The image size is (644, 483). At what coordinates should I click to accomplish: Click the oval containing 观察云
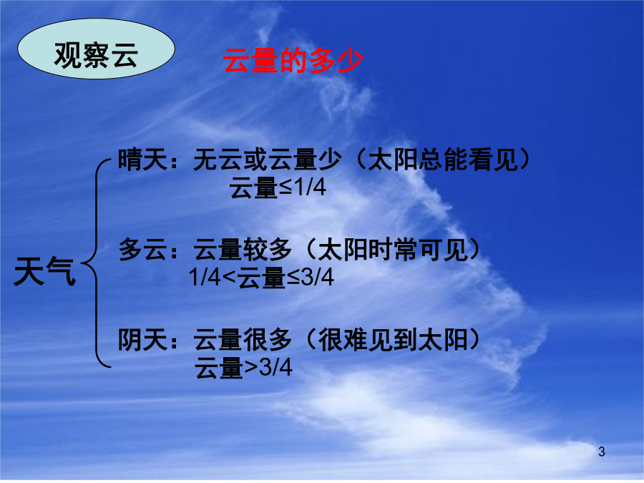[96, 49]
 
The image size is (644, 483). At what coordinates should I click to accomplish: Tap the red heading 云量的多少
[293, 60]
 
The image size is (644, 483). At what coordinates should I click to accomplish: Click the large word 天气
[45, 271]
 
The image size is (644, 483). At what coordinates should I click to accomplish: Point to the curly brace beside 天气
[95, 263]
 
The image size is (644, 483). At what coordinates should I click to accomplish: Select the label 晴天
[142, 160]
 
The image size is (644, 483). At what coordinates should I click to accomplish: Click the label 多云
[142, 249]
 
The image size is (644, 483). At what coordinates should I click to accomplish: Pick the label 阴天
[142, 340]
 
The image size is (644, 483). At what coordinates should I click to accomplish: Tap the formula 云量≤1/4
[278, 187]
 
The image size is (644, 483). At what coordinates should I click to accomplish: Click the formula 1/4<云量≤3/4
[261, 277]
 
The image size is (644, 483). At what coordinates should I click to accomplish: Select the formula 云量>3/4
[243, 367]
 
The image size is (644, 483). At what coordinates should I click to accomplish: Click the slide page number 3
[601, 452]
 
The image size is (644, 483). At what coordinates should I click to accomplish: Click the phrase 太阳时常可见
[393, 249]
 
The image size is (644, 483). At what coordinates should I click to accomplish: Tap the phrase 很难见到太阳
[393, 340]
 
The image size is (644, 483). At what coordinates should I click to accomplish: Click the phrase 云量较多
[243, 249]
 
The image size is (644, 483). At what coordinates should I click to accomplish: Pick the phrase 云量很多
[243, 340]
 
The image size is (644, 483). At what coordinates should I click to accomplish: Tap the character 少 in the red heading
[351, 60]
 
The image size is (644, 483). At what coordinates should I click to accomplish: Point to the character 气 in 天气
[61, 271]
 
